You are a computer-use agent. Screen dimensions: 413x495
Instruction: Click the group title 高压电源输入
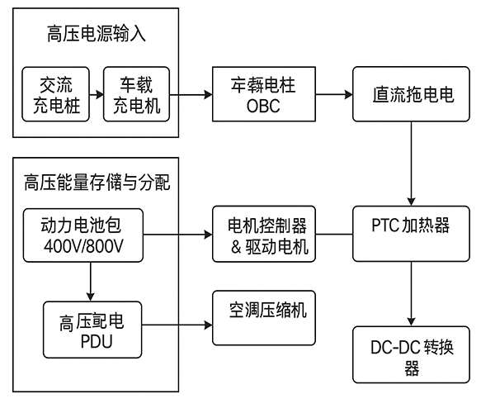coord(97,36)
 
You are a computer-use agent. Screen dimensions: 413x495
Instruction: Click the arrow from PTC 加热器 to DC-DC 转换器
coord(409,294)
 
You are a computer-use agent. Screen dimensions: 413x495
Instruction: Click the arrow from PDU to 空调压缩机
coord(178,325)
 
